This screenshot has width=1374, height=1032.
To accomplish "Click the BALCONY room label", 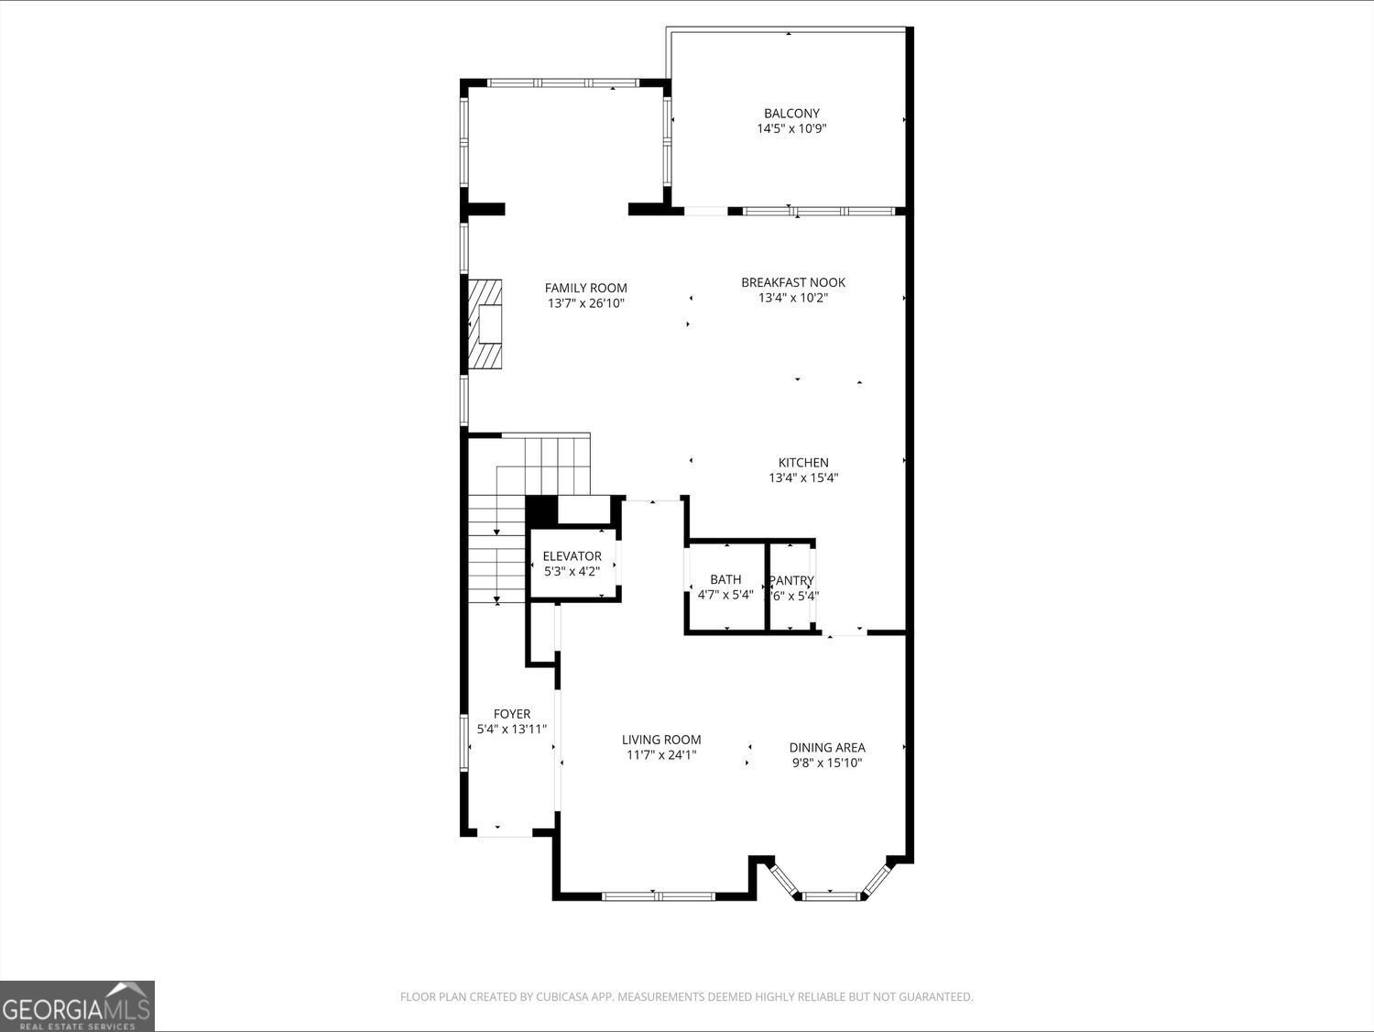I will (791, 114).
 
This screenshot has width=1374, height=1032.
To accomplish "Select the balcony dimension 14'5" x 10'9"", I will (791, 129).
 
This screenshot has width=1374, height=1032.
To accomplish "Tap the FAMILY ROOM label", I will (585, 288).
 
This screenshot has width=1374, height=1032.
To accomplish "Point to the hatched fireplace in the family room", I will (486, 324).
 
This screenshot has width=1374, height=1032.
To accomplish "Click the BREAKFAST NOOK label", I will (792, 282).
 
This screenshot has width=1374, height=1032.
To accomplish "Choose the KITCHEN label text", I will (803, 463).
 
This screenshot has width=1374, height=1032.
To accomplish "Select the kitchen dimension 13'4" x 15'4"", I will (803, 478).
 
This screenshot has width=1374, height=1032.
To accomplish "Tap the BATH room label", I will (725, 579).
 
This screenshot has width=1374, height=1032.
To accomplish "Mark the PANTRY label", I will (791, 580).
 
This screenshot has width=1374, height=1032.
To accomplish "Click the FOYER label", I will (511, 714).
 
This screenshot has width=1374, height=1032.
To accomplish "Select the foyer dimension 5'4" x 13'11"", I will (511, 730).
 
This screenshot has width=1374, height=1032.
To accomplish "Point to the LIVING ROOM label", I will (661, 740).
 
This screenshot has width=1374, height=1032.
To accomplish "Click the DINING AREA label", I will (826, 747).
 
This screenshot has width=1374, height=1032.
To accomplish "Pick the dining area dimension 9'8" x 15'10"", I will (826, 763).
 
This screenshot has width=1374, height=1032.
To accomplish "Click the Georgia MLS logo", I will (77, 1005).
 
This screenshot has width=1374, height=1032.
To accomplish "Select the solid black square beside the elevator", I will (541, 510).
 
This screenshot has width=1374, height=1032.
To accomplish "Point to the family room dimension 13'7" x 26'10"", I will (585, 303).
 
